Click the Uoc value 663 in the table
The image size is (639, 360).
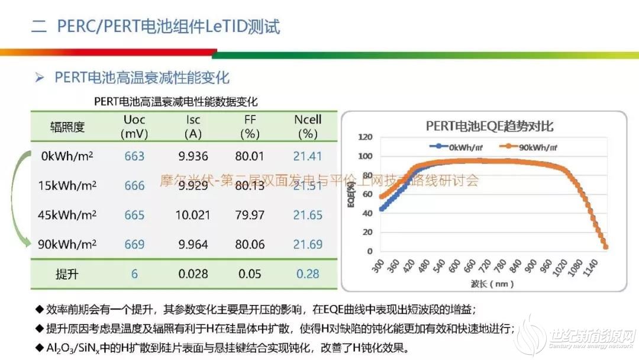134,156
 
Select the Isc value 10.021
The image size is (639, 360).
193,214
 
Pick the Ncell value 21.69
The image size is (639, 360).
308,243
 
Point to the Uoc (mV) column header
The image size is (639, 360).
134,127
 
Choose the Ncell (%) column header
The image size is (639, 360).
308,127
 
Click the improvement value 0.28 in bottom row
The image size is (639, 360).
308,274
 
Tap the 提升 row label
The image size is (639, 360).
68,274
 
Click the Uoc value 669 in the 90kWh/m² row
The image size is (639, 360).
134,243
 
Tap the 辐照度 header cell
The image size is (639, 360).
68,127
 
